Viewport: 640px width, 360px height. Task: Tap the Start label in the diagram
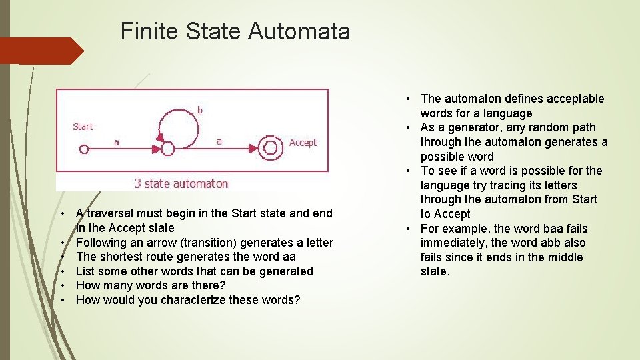click(83, 127)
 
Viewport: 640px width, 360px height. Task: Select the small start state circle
click(83, 149)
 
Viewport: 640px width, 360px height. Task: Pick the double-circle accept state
click(271, 149)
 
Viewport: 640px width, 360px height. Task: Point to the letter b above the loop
click(199, 109)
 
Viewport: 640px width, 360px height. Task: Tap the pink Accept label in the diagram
click(303, 143)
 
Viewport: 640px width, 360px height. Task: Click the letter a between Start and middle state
click(117, 141)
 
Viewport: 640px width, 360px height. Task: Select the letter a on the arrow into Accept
click(219, 141)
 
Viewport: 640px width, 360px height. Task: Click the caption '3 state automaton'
click(181, 183)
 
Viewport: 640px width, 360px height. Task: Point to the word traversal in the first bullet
click(111, 213)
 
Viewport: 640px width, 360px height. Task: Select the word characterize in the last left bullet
click(190, 300)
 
